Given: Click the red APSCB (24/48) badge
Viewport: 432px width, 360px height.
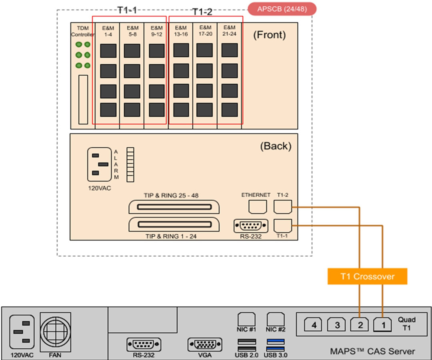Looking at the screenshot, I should [x=282, y=9].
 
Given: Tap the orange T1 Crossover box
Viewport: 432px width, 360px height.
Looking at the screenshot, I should [x=367, y=276].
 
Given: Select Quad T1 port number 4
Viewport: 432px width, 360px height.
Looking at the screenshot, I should [x=314, y=325].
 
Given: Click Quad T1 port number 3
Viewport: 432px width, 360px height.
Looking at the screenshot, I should [x=337, y=325].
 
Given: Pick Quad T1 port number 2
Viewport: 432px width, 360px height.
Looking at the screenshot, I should [x=360, y=325].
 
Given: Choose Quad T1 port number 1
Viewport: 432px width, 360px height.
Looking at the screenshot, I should [x=383, y=325].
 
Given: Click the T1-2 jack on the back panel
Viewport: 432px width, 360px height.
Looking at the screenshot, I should [x=283, y=207].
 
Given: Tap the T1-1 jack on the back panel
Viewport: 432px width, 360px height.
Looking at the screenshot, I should [x=283, y=225].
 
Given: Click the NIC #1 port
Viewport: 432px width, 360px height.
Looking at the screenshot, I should [x=247, y=320].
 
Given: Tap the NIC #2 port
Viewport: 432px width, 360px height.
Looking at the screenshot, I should [x=276, y=320].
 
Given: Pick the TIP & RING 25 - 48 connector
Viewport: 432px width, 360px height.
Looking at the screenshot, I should [x=174, y=207].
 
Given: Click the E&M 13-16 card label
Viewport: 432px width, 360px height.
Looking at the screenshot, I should [x=181, y=30].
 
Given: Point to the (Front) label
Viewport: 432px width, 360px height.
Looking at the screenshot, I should [x=270, y=35].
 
